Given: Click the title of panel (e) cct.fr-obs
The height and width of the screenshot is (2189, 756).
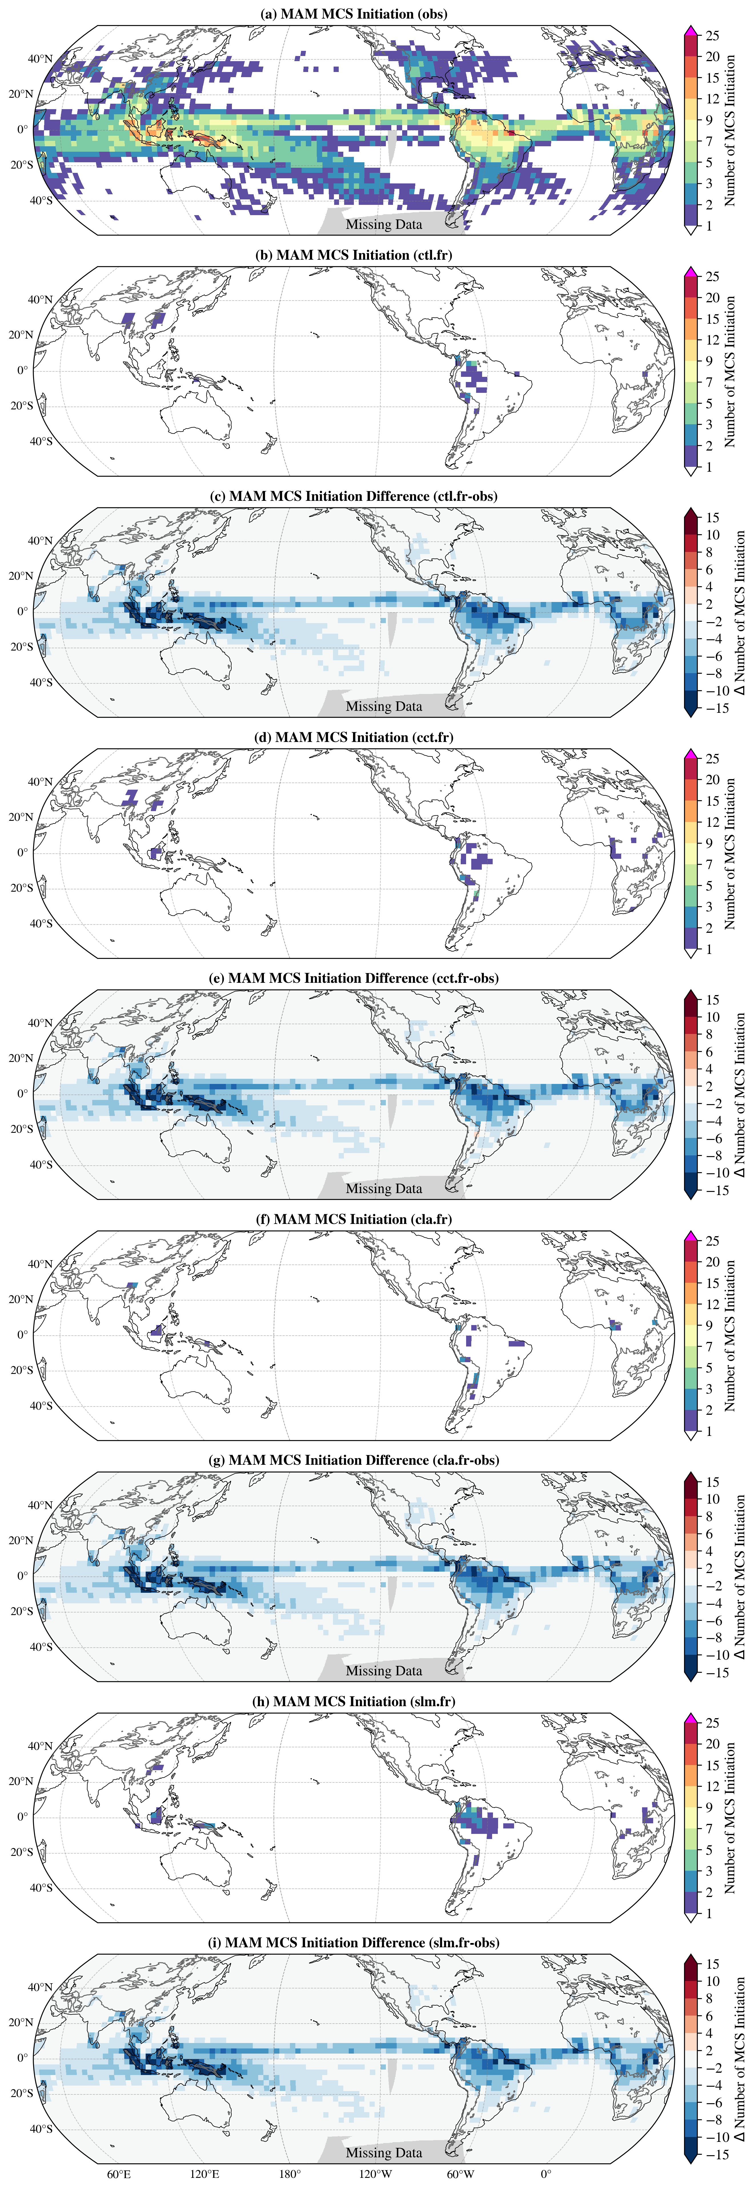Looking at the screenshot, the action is (x=353, y=978).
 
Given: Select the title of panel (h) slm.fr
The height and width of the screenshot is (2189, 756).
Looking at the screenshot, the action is (x=353, y=1701).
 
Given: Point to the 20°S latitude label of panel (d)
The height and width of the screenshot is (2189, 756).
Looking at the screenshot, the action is (x=21, y=888).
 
